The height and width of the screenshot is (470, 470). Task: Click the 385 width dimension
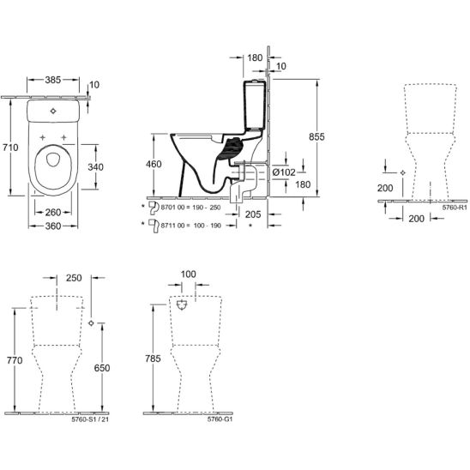pos(53,80)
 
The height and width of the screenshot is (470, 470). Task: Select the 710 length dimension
pos(10,148)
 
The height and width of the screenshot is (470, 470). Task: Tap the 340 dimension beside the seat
pos(95,167)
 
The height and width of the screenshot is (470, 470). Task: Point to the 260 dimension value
pos(53,213)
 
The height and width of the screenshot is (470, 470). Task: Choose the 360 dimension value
pos(53,226)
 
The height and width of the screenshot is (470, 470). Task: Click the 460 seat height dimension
pos(154,165)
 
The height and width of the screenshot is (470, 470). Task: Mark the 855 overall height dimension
pos(316,137)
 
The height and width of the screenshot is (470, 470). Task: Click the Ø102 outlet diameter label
pos(284,172)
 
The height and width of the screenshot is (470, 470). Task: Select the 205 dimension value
pos(253,214)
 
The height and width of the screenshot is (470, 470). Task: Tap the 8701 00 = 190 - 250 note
pos(191,208)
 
